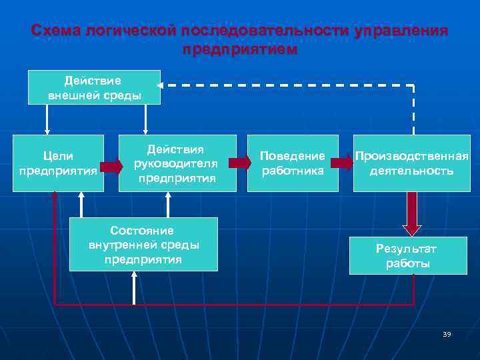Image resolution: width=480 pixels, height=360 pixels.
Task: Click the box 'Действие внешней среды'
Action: click(94, 87)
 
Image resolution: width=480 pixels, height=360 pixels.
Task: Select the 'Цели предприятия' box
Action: click(58, 163)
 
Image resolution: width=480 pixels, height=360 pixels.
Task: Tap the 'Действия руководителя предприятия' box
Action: click(177, 163)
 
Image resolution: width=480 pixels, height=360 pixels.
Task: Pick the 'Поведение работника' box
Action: click(292, 163)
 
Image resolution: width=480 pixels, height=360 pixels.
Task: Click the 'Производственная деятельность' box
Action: click(411, 163)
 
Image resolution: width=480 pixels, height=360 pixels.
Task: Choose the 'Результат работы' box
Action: click(407, 255)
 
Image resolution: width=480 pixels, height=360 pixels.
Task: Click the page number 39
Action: click(446, 333)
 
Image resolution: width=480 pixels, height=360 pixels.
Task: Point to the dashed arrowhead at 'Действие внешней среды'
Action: click(161, 85)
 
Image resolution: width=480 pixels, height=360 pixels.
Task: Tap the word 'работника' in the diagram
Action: click(292, 171)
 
